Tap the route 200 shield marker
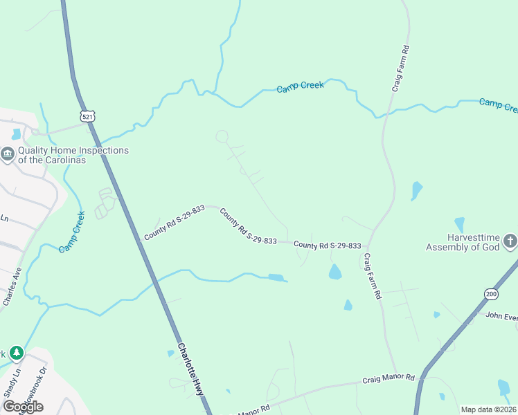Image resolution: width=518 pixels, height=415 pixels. pyautogui.click(x=491, y=293)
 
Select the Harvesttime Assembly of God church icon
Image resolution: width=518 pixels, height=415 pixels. pyautogui.click(x=510, y=241)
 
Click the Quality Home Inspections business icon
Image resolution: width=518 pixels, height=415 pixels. pyautogui.click(x=8, y=154)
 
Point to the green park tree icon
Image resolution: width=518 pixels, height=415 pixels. pyautogui.click(x=16, y=353)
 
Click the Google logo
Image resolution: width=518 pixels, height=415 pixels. pyautogui.click(x=22, y=407)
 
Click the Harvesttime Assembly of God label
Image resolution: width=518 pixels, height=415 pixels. pyautogui.click(x=463, y=242)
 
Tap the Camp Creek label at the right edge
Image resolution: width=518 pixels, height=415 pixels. pyautogui.click(x=499, y=105)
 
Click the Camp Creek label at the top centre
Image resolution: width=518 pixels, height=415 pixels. pyautogui.click(x=300, y=87)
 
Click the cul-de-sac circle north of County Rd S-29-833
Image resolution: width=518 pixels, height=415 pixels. pyautogui.click(x=222, y=136)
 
